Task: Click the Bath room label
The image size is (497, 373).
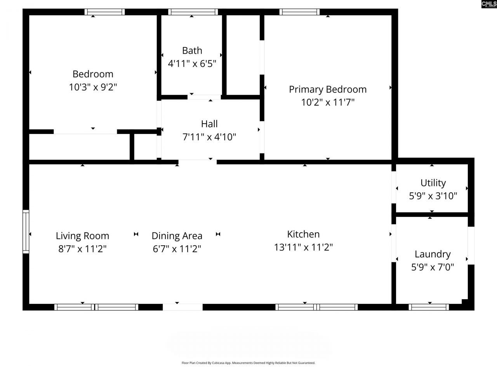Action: pos(192,51)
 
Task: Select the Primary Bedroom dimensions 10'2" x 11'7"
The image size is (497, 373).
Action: pos(328,102)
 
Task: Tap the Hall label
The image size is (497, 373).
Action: pos(209,124)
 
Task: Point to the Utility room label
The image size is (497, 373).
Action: pos(433,183)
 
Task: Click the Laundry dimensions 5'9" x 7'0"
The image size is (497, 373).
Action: pos(433,267)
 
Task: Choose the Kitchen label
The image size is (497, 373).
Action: pos(303,234)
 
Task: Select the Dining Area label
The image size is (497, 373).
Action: pos(177,236)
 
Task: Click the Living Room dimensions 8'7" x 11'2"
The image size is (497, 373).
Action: pos(82,248)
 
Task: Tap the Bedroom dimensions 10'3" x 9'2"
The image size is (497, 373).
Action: pos(93,87)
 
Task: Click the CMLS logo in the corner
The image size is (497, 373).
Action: pos(489,4)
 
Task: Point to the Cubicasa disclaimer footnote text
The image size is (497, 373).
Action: pos(248,363)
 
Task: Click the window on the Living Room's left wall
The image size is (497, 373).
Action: pos(26,232)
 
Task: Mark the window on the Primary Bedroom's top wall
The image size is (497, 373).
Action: pos(299,12)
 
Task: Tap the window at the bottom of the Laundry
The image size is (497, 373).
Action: pos(429,307)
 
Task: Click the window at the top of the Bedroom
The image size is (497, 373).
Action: pos(105,12)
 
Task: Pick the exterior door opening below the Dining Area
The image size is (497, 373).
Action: pos(182,307)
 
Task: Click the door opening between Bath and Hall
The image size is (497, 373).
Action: pos(205,97)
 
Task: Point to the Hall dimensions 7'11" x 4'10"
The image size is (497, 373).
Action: pos(209,137)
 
